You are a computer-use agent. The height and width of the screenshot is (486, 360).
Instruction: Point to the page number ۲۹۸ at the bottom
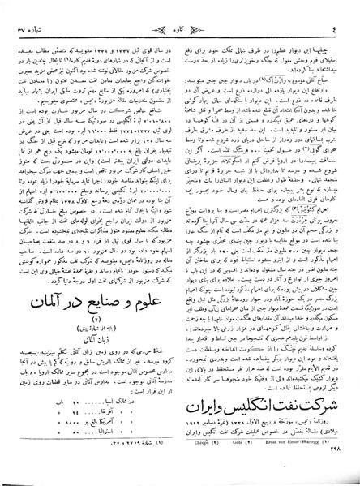point(335,480)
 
